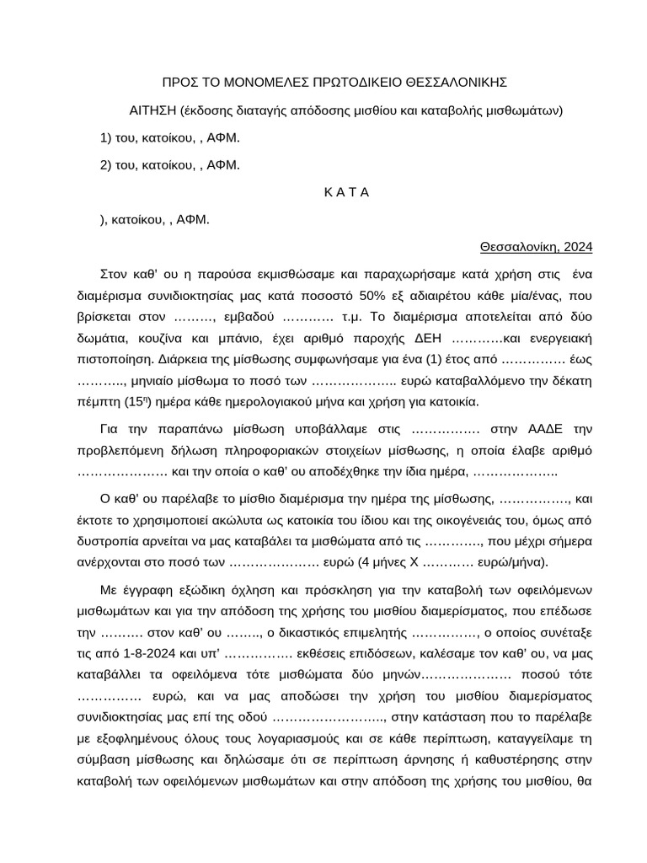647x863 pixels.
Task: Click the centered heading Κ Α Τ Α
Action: coord(346,192)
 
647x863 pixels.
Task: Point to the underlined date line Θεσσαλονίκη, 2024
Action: coord(537,247)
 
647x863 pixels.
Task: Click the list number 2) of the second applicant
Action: coord(106,165)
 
